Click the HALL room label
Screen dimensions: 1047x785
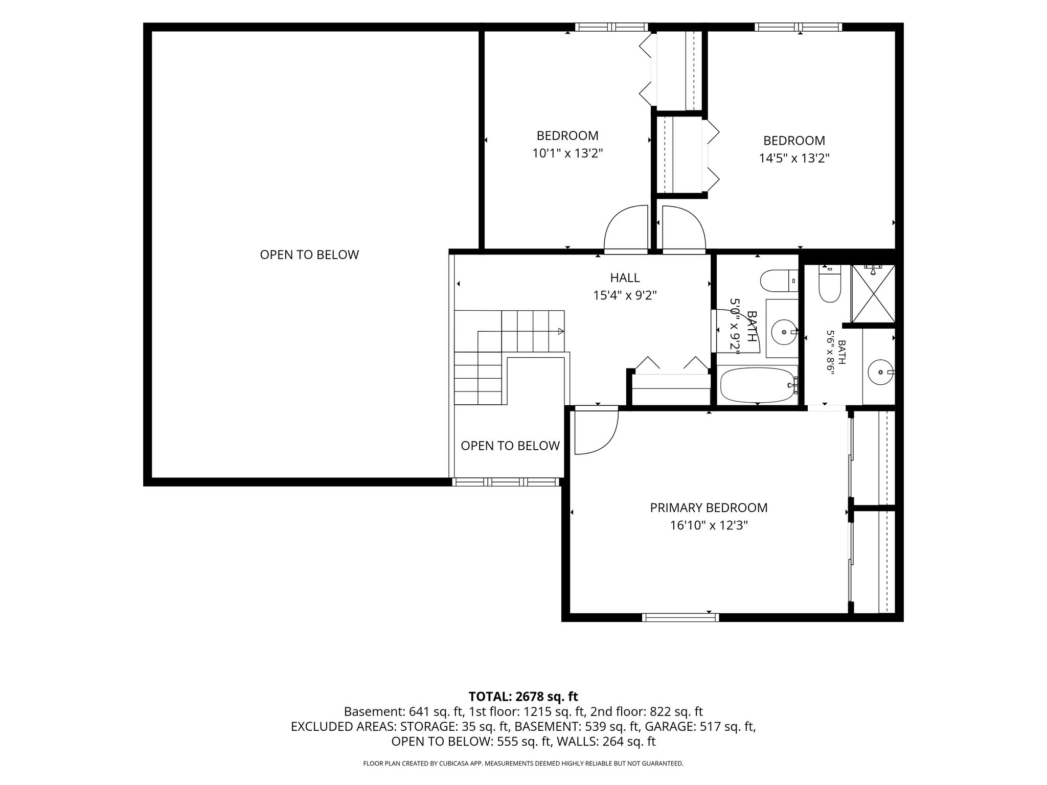tap(625, 278)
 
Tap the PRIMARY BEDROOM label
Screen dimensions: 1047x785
tap(709, 508)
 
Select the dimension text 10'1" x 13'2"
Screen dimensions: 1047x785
tap(567, 153)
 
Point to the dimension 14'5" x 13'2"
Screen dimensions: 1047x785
tap(794, 158)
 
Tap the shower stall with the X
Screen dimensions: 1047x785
tap(873, 293)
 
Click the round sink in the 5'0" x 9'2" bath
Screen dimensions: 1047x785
tap(784, 332)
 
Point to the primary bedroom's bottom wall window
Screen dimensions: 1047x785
tap(680, 617)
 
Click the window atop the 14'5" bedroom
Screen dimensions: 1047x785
tap(798, 27)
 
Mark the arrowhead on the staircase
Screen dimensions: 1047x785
tap(561, 331)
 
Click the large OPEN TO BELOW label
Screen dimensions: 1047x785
tap(309, 255)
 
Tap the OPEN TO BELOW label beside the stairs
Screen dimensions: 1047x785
tap(510, 446)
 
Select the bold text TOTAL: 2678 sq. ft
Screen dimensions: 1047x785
tap(523, 697)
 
